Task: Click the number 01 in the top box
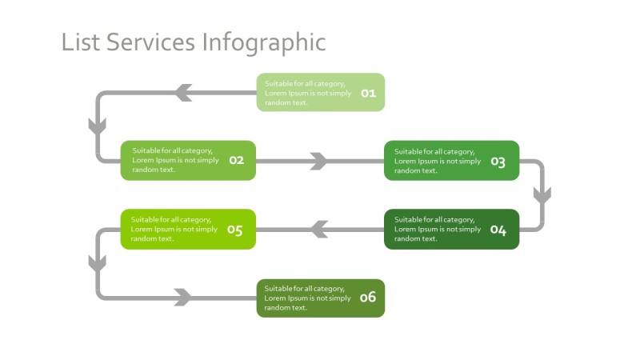pos(368,93)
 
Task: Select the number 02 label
pos(236,160)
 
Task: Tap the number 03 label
pos(498,162)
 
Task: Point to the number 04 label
pos(498,230)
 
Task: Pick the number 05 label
pos(234,230)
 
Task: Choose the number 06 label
pos(367,298)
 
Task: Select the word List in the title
pos(81,42)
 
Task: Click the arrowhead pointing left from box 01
pos(183,93)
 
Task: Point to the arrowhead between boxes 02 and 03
pos(319,161)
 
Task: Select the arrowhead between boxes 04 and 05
pos(319,230)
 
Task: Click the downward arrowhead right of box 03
pos(542,194)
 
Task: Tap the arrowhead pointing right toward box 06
pos(183,298)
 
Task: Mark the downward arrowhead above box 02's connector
pos(98,126)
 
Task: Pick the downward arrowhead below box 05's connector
pos(98,262)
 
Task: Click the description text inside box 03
pos(437,161)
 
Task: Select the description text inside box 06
pos(307,298)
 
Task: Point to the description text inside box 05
pos(174,229)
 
